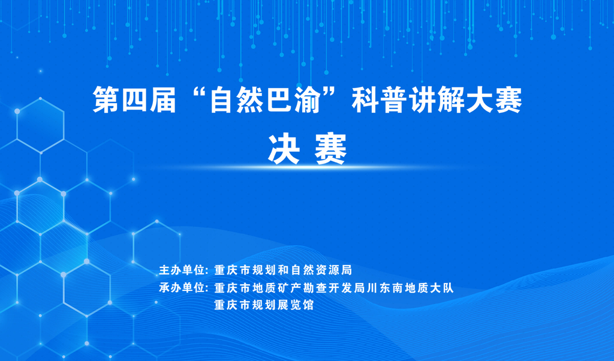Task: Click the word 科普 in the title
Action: tap(380, 100)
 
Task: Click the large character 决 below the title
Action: tap(284, 149)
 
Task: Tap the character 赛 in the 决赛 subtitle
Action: tap(331, 149)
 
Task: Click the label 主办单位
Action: tap(182, 270)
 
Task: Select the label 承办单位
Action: tap(182, 288)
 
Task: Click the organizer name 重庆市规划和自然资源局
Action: tap(283, 270)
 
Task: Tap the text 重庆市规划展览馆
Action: tap(264, 305)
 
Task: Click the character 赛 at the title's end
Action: tap(508, 100)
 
